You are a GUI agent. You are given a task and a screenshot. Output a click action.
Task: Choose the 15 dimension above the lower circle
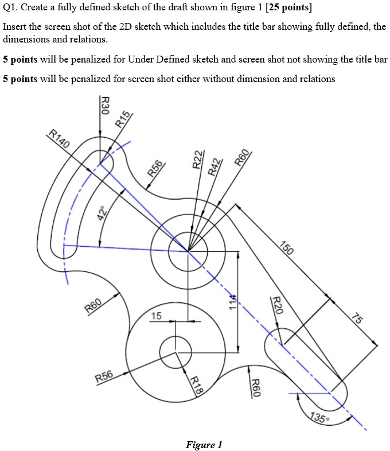(x=157, y=316)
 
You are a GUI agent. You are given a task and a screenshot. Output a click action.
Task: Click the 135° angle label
(x=319, y=418)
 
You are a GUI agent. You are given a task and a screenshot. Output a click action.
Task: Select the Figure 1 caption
(x=204, y=445)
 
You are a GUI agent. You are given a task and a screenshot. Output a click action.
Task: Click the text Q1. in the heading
(x=12, y=9)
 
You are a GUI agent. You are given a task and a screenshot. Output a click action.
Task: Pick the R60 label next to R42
(x=243, y=157)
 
